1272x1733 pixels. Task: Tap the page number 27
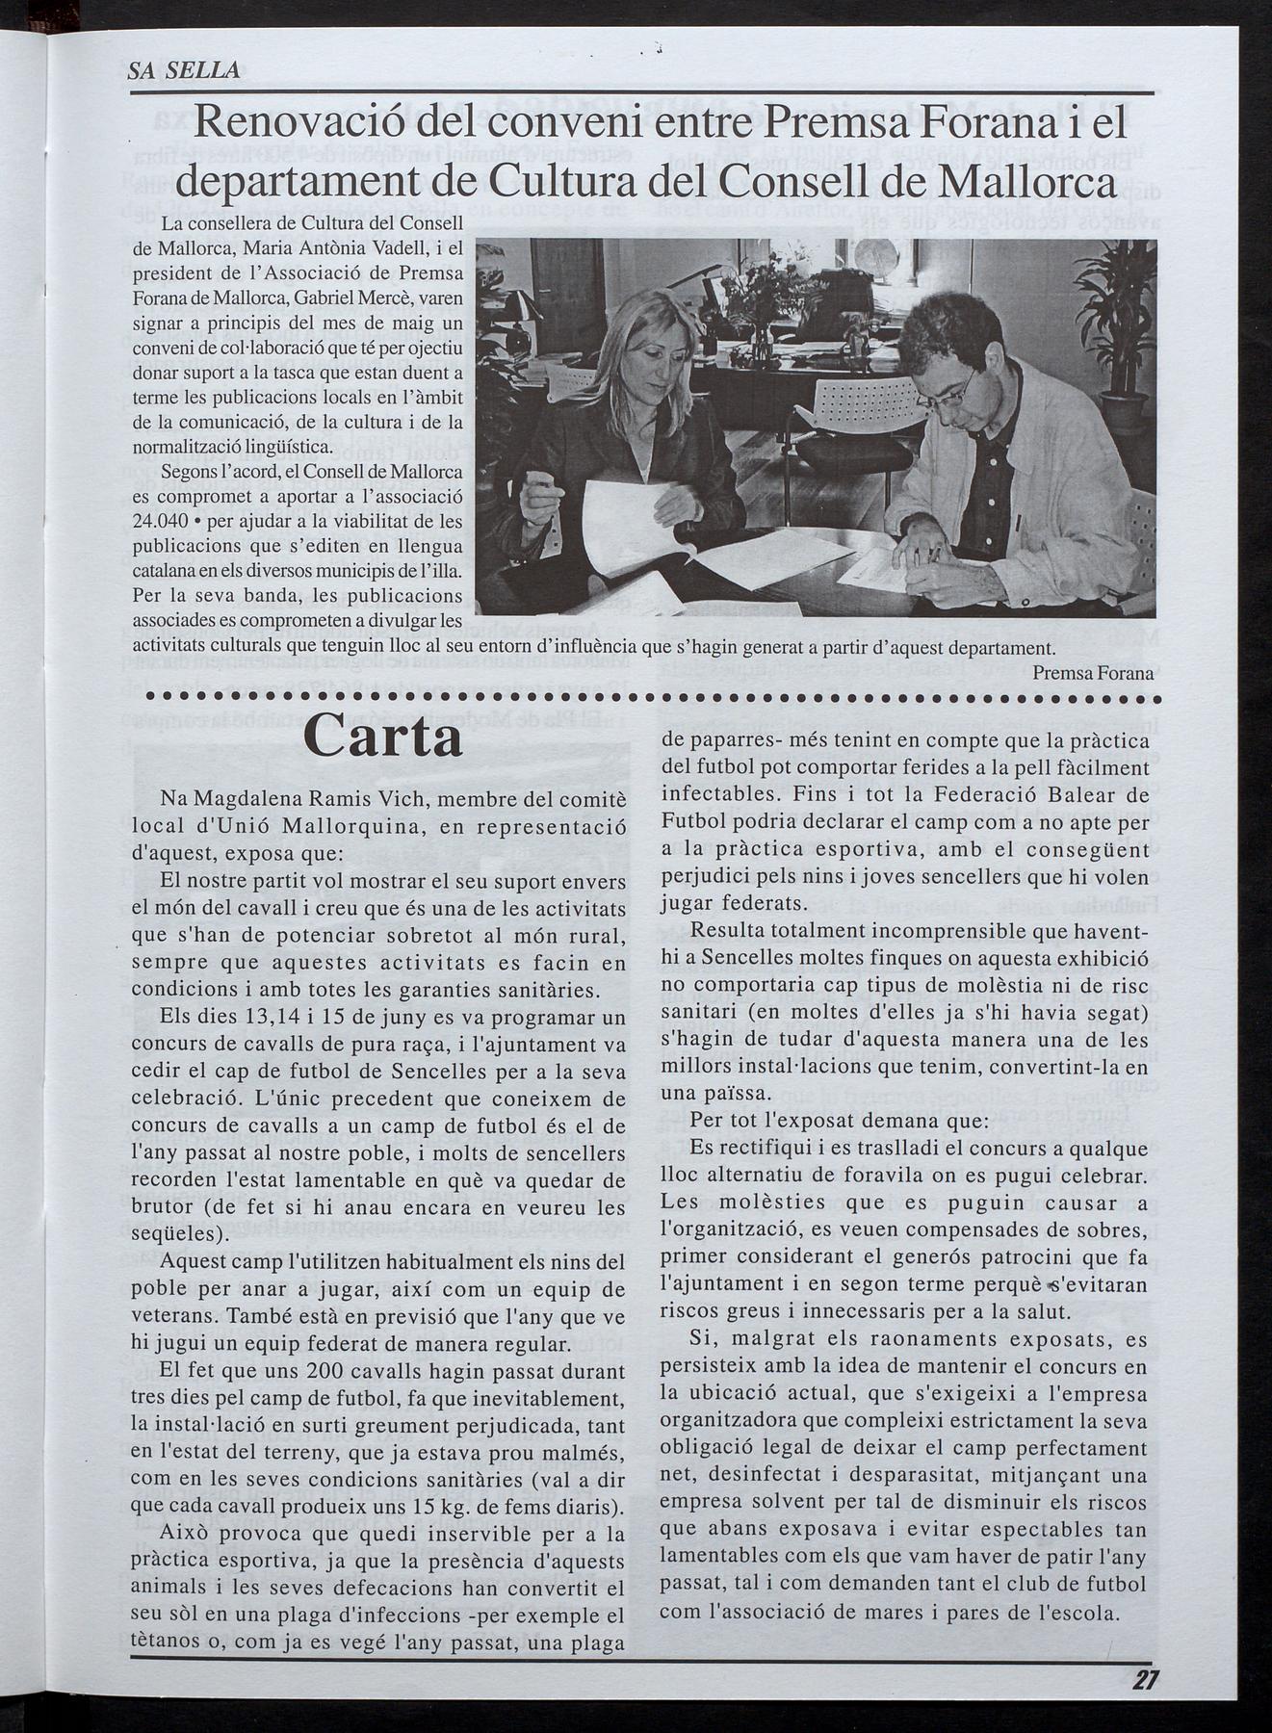click(x=1145, y=1679)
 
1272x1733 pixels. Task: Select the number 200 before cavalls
click(x=327, y=1371)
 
